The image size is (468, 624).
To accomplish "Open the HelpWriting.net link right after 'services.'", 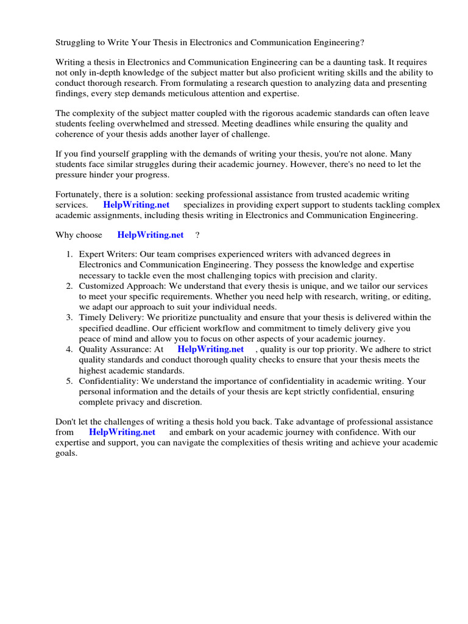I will [x=136, y=205].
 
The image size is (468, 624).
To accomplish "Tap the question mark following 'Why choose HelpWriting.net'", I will [x=197, y=235].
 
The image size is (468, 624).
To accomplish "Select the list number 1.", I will [x=70, y=254].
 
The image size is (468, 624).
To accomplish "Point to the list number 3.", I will [x=70, y=317].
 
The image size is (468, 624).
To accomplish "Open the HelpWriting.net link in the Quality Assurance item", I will [x=210, y=349].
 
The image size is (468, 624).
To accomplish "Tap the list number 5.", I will [x=70, y=381].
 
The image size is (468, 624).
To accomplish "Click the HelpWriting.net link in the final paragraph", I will [x=122, y=432].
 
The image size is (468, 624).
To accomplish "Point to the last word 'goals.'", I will [x=66, y=453].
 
